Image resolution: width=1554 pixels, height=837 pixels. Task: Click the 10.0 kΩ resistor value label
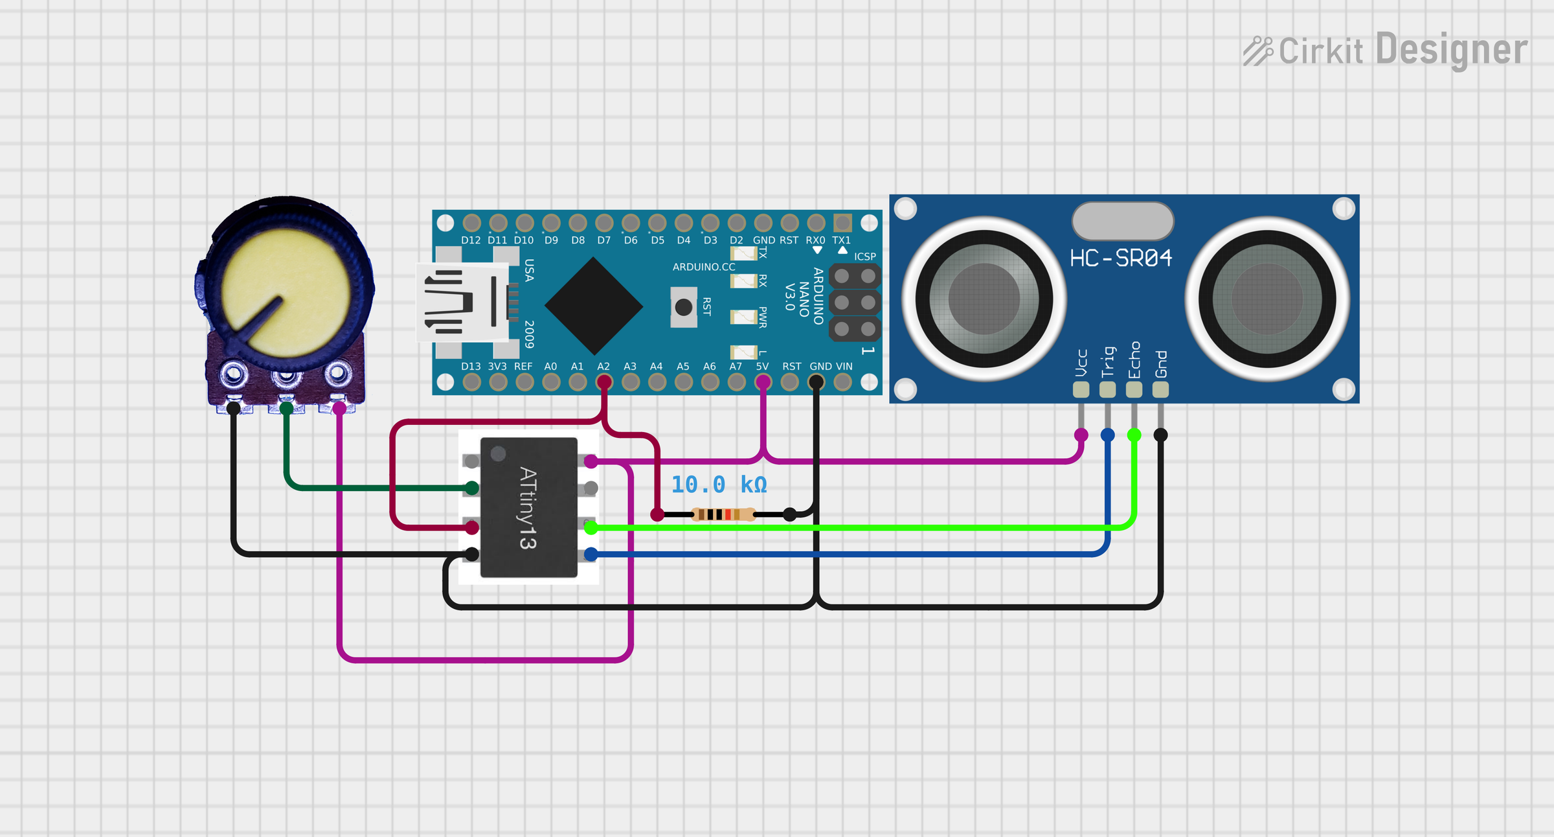[x=719, y=485]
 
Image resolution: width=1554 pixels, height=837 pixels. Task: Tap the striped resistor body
[x=723, y=514]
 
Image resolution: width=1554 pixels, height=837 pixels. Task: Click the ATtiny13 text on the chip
[x=528, y=508]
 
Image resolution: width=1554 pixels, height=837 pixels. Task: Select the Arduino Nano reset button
[x=683, y=307]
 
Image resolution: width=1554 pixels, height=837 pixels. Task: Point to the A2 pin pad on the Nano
[x=604, y=382]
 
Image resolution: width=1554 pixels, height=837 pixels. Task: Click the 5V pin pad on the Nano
[x=763, y=382]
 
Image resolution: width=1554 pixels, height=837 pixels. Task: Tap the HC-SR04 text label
[x=1121, y=258]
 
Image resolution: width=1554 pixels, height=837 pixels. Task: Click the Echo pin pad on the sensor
[x=1134, y=389]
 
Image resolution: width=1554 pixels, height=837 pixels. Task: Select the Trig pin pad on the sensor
[x=1107, y=389]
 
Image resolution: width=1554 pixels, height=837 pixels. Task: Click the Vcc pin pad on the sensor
[x=1081, y=389]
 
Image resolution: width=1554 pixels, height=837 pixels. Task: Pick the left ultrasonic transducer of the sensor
[x=984, y=299]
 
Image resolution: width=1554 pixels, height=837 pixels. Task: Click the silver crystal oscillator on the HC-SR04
[x=1123, y=221]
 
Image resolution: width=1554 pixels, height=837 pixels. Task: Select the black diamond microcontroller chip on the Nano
[x=594, y=306]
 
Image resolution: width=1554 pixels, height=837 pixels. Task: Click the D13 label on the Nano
[x=471, y=367]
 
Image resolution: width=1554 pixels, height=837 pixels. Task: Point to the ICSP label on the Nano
[x=864, y=257]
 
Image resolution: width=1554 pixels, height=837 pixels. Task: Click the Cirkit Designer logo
[x=1385, y=51]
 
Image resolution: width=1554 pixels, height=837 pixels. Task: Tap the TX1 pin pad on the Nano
[x=842, y=223]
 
